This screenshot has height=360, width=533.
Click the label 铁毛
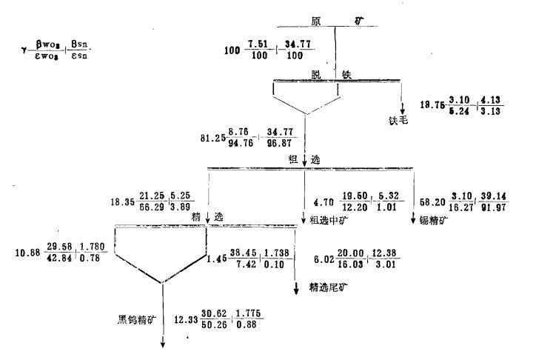point(400,119)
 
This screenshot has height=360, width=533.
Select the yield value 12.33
point(185,319)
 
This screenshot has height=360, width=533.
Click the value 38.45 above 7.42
point(243,251)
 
